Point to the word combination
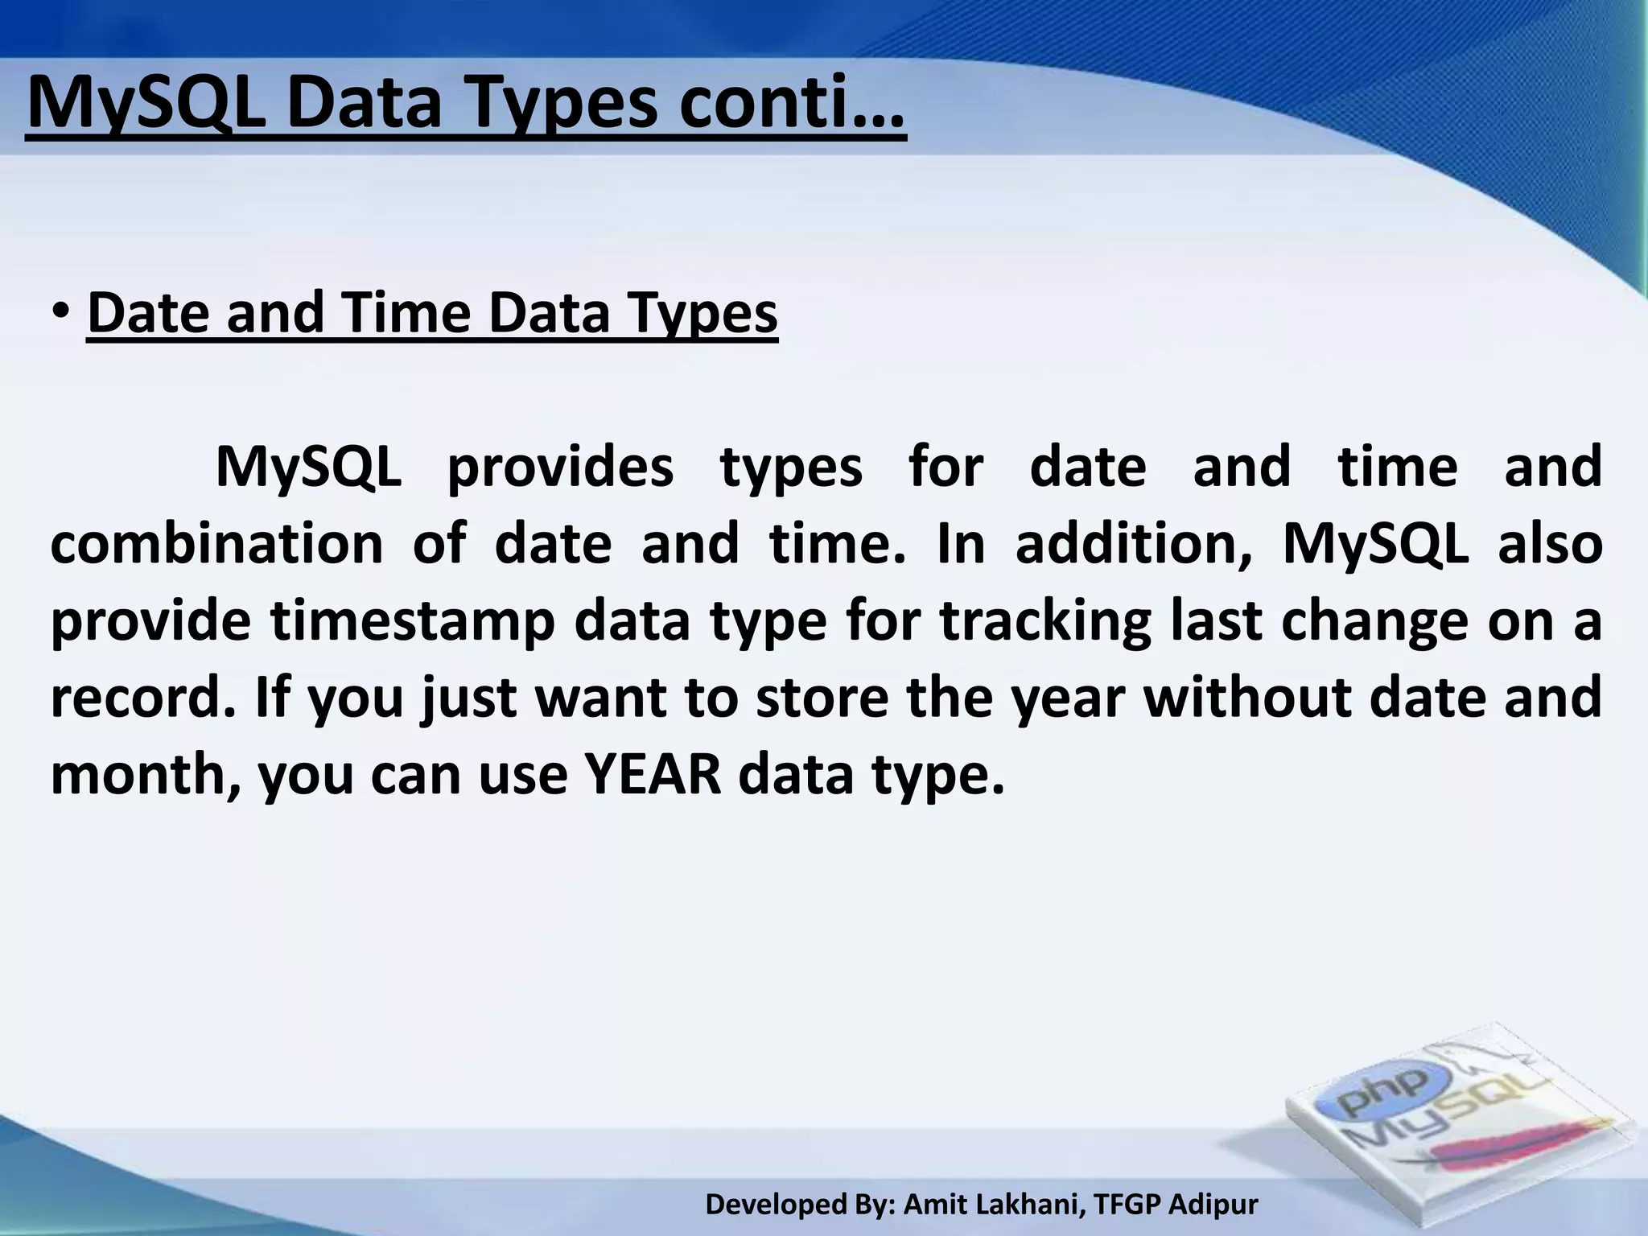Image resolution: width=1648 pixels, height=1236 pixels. (x=216, y=543)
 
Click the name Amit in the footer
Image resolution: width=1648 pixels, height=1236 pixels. (x=932, y=1205)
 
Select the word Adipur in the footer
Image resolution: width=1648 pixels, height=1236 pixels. (x=1213, y=1205)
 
